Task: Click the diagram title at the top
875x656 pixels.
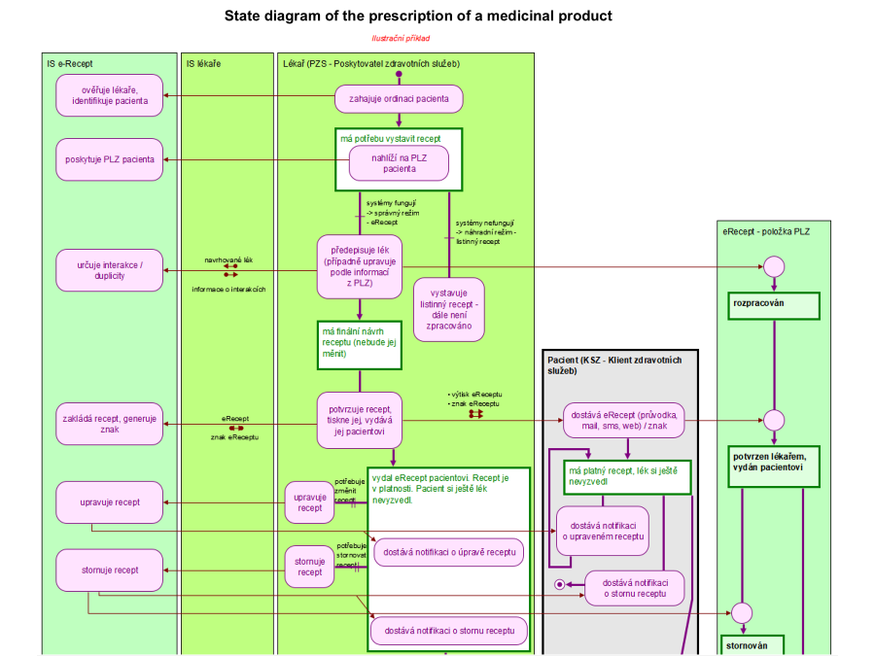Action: pyautogui.click(x=418, y=16)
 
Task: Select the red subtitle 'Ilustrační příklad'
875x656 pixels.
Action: pyautogui.click(x=401, y=39)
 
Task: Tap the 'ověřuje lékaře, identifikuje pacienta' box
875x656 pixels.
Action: pyautogui.click(x=110, y=95)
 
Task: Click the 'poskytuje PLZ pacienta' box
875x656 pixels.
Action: pyautogui.click(x=110, y=159)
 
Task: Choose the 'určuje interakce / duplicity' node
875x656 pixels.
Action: pyautogui.click(x=110, y=269)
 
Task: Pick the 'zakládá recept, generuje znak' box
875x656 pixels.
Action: pyautogui.click(x=110, y=423)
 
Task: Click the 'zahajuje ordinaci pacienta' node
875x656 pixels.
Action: pyautogui.click(x=399, y=98)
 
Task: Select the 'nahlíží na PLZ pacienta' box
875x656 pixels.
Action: pyautogui.click(x=399, y=163)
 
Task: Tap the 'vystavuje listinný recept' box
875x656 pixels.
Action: pyautogui.click(x=449, y=309)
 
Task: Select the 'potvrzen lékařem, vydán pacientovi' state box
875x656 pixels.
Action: pyautogui.click(x=774, y=462)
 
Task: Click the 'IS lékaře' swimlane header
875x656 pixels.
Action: pyautogui.click(x=203, y=64)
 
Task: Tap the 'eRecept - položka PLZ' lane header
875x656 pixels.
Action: pyautogui.click(x=766, y=231)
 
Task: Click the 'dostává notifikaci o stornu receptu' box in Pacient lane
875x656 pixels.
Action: pyautogui.click(x=634, y=588)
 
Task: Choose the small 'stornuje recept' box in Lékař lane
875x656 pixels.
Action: pyautogui.click(x=309, y=567)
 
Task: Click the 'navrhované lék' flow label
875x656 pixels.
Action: pyautogui.click(x=229, y=259)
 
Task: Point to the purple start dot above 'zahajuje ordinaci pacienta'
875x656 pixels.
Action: pyautogui.click(x=399, y=74)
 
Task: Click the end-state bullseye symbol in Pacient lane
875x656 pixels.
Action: pyautogui.click(x=559, y=584)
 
